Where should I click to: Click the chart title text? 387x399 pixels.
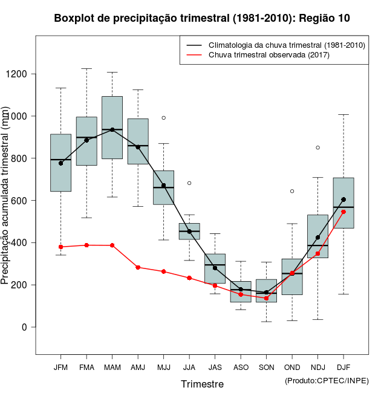click(x=202, y=18)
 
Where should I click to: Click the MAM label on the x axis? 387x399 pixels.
click(x=112, y=367)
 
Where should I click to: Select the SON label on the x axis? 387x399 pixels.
click(x=266, y=367)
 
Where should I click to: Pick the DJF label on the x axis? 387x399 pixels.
click(x=343, y=367)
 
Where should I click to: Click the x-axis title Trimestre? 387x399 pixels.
click(x=202, y=384)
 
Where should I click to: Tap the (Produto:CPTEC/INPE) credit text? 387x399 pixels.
click(x=327, y=380)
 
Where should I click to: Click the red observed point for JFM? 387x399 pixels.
click(x=60, y=247)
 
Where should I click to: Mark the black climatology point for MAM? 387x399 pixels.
click(x=112, y=130)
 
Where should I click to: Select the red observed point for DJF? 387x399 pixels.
click(x=343, y=212)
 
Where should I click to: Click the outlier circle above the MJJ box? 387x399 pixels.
click(x=163, y=118)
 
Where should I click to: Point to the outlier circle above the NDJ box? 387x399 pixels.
click(x=317, y=148)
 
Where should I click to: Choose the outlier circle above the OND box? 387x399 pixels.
click(x=292, y=191)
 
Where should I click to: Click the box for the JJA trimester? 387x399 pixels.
click(x=189, y=231)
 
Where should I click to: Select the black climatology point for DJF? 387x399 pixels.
click(x=343, y=199)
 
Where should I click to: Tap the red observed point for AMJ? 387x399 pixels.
click(x=138, y=267)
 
